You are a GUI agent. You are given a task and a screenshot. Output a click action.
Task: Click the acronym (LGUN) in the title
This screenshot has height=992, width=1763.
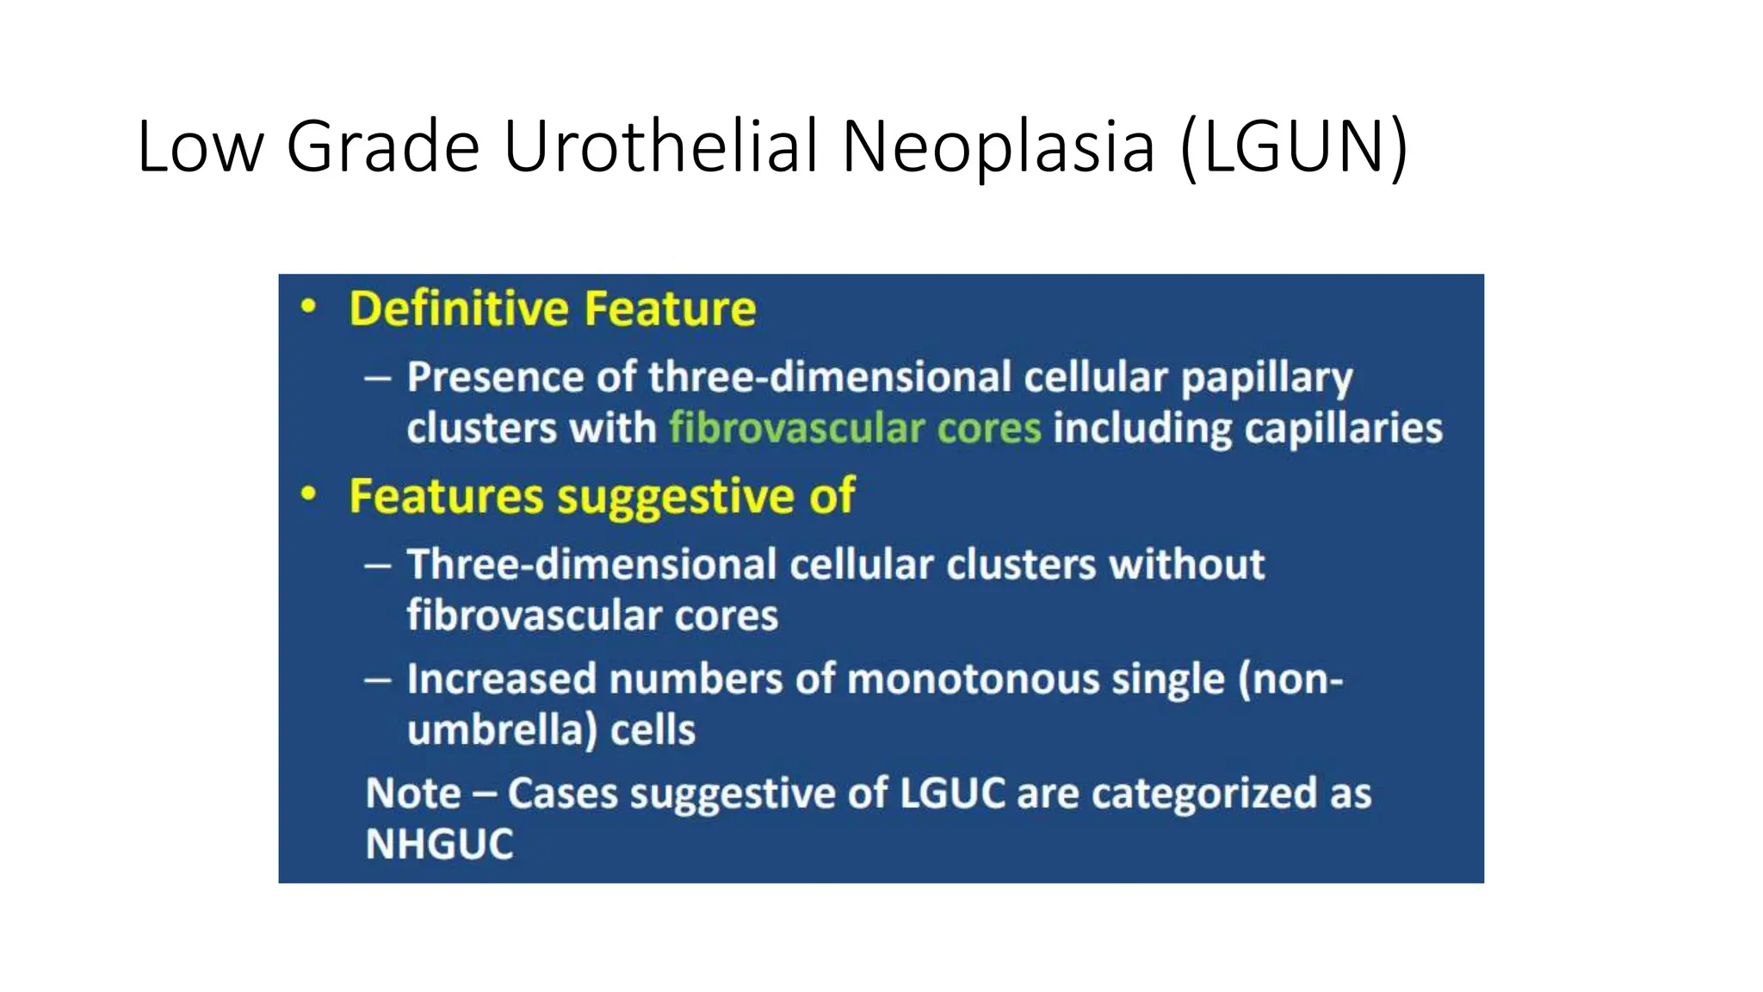click(1294, 146)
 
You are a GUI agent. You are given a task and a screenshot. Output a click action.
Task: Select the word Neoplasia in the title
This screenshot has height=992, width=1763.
click(998, 146)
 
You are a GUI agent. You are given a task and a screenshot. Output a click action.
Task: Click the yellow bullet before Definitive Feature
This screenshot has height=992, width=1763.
click(308, 307)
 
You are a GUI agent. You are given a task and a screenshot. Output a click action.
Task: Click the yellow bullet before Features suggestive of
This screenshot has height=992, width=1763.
click(308, 494)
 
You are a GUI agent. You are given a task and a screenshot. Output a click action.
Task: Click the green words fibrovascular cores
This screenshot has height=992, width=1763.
click(855, 428)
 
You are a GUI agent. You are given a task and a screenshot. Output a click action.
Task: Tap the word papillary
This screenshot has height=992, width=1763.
click(1266, 378)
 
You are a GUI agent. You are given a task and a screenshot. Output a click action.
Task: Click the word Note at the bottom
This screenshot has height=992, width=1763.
click(412, 793)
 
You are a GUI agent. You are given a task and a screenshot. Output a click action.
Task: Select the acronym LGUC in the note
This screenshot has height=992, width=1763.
click(952, 793)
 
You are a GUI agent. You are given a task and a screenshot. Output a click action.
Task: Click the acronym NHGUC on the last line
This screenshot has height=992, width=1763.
click(439, 844)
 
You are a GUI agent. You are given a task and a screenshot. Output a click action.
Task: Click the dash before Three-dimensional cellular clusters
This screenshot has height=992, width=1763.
click(378, 566)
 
